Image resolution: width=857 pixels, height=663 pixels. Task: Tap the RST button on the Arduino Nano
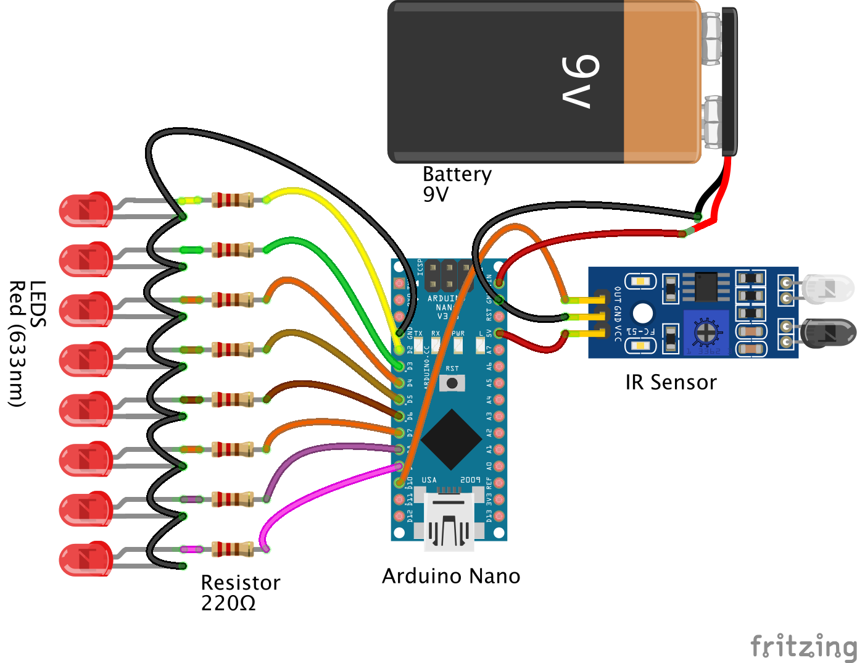click(452, 383)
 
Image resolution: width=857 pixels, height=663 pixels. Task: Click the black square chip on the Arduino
click(452, 439)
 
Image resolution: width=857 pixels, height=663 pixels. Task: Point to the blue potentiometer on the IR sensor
click(706, 332)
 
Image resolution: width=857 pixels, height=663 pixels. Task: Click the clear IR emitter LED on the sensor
click(826, 289)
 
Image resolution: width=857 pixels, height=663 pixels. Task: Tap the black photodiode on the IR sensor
click(827, 333)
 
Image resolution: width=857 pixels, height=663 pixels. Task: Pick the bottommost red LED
click(86, 559)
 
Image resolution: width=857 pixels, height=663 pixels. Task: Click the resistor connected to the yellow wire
click(232, 200)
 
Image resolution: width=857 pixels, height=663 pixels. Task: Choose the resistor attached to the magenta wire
click(232, 549)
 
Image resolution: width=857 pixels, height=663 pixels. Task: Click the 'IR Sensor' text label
click(671, 383)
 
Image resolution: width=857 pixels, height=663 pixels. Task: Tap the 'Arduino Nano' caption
click(451, 576)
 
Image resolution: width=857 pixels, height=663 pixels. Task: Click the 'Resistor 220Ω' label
click(240, 592)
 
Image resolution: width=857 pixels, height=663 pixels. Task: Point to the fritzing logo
click(803, 646)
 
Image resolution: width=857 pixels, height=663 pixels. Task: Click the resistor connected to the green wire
click(232, 250)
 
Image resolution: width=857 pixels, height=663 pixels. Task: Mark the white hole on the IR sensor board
click(642, 314)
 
